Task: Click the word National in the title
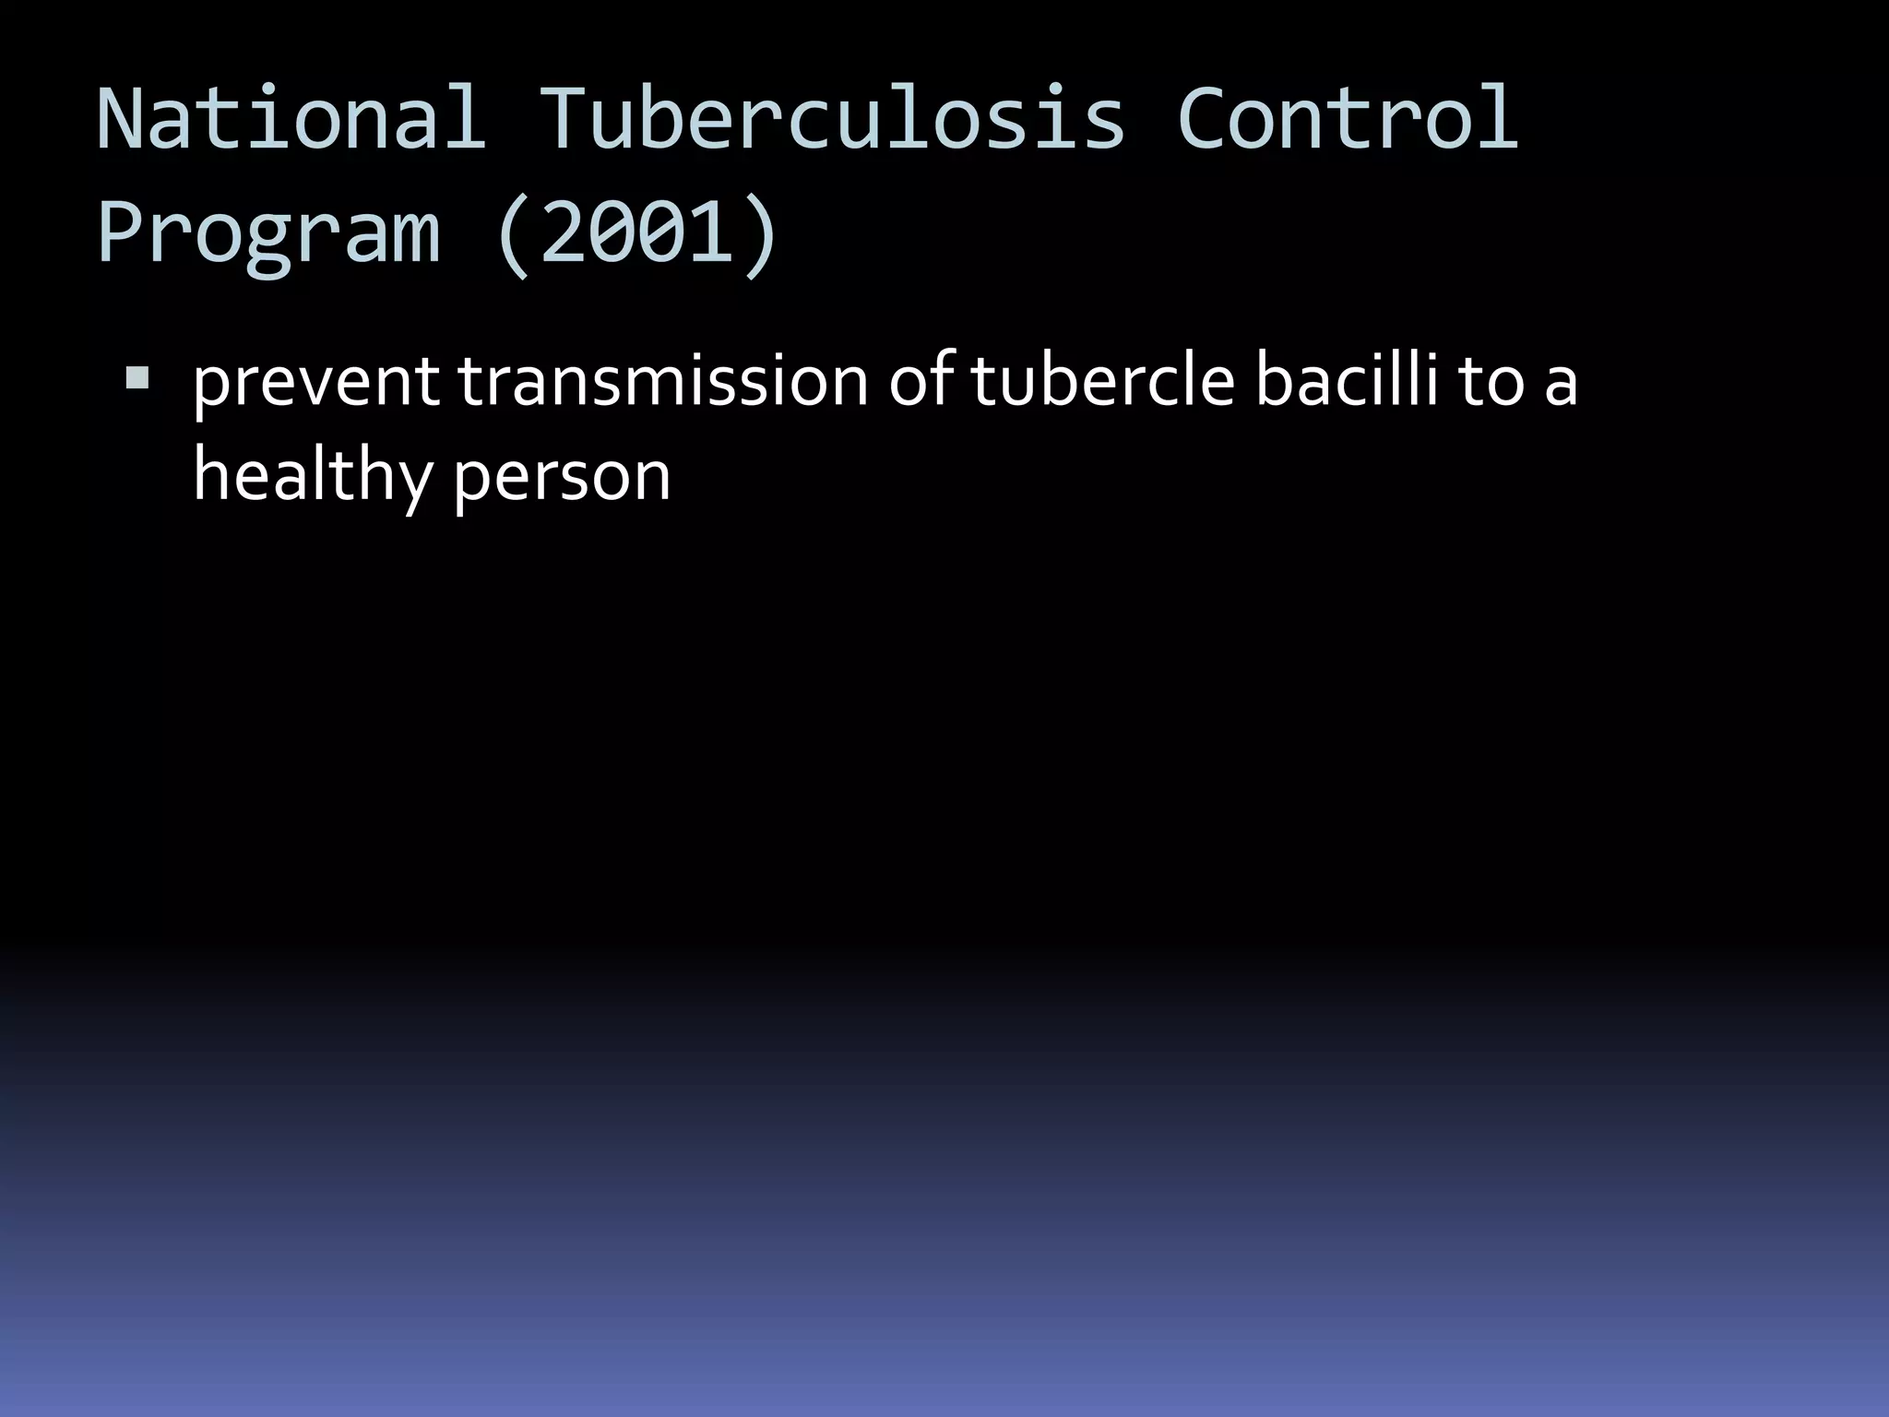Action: (x=291, y=118)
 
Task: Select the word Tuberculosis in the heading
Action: (x=831, y=118)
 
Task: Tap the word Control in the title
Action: (x=1347, y=118)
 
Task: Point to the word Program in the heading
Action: (x=268, y=235)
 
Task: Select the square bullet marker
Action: (x=137, y=377)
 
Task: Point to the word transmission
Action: (x=662, y=382)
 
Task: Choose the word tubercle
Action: (x=1102, y=380)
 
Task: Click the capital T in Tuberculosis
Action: (x=566, y=118)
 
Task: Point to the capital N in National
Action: (x=125, y=118)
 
